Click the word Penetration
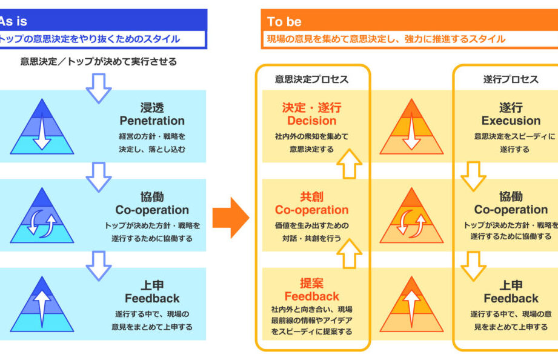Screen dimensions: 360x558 click(151, 121)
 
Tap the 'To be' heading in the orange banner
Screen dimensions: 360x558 click(284, 22)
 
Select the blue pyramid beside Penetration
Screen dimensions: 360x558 click(42, 127)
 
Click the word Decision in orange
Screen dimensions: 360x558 click(311, 121)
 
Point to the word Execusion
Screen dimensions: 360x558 click(510, 121)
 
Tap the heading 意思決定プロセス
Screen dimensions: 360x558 click(311, 79)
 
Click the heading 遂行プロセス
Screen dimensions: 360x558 click(510, 79)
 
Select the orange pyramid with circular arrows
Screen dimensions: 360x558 click(411, 216)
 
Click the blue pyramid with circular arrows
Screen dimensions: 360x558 click(42, 216)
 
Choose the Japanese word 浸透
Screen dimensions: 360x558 click(151, 107)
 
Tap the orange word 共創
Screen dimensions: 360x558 click(311, 196)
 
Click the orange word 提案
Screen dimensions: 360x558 click(311, 283)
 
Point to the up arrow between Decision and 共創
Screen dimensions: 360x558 click(349, 163)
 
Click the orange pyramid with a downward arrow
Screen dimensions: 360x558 click(411, 127)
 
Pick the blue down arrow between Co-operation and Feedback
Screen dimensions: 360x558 click(99, 265)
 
